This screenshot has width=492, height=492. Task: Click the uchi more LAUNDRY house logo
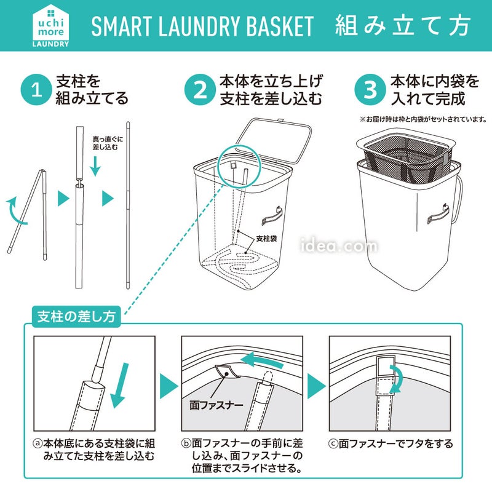[x=50, y=26]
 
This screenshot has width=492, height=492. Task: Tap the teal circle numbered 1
[x=36, y=89]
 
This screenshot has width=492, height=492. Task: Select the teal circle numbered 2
[x=200, y=89]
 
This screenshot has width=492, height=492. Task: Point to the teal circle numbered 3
[x=370, y=89]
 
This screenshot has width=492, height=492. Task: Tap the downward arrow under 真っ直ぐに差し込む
[x=95, y=166]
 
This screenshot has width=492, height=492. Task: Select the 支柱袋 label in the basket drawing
[x=266, y=239]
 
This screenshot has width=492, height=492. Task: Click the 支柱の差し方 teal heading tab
[x=76, y=316]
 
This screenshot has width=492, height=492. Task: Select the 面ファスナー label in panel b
[x=216, y=405]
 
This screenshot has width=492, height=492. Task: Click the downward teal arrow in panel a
[x=119, y=386]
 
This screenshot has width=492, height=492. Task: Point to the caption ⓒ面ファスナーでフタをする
[x=391, y=443]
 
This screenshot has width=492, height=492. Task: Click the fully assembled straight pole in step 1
[x=128, y=205]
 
